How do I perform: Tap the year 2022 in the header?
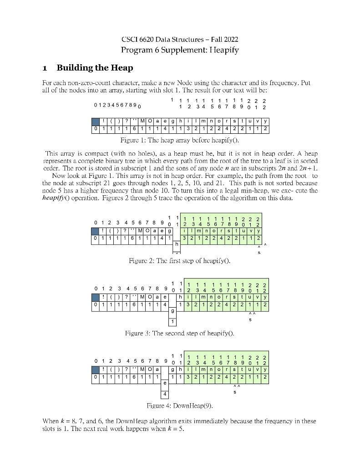pyautogui.click(x=230, y=40)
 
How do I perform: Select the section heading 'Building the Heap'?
pyautogui.click(x=95, y=68)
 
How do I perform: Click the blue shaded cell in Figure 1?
pyautogui.click(x=96, y=122)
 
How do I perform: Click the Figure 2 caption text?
pyautogui.click(x=180, y=261)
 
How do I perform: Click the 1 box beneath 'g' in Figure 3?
pyautogui.click(x=172, y=322)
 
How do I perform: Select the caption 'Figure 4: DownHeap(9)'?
pyautogui.click(x=180, y=405)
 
